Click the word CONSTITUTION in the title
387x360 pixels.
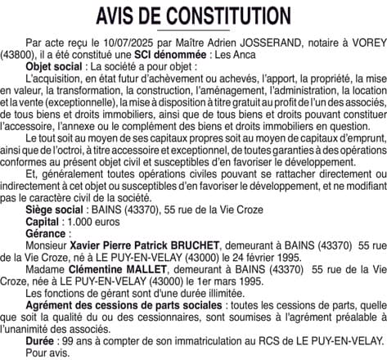click(220, 16)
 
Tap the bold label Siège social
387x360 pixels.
click(55, 210)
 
